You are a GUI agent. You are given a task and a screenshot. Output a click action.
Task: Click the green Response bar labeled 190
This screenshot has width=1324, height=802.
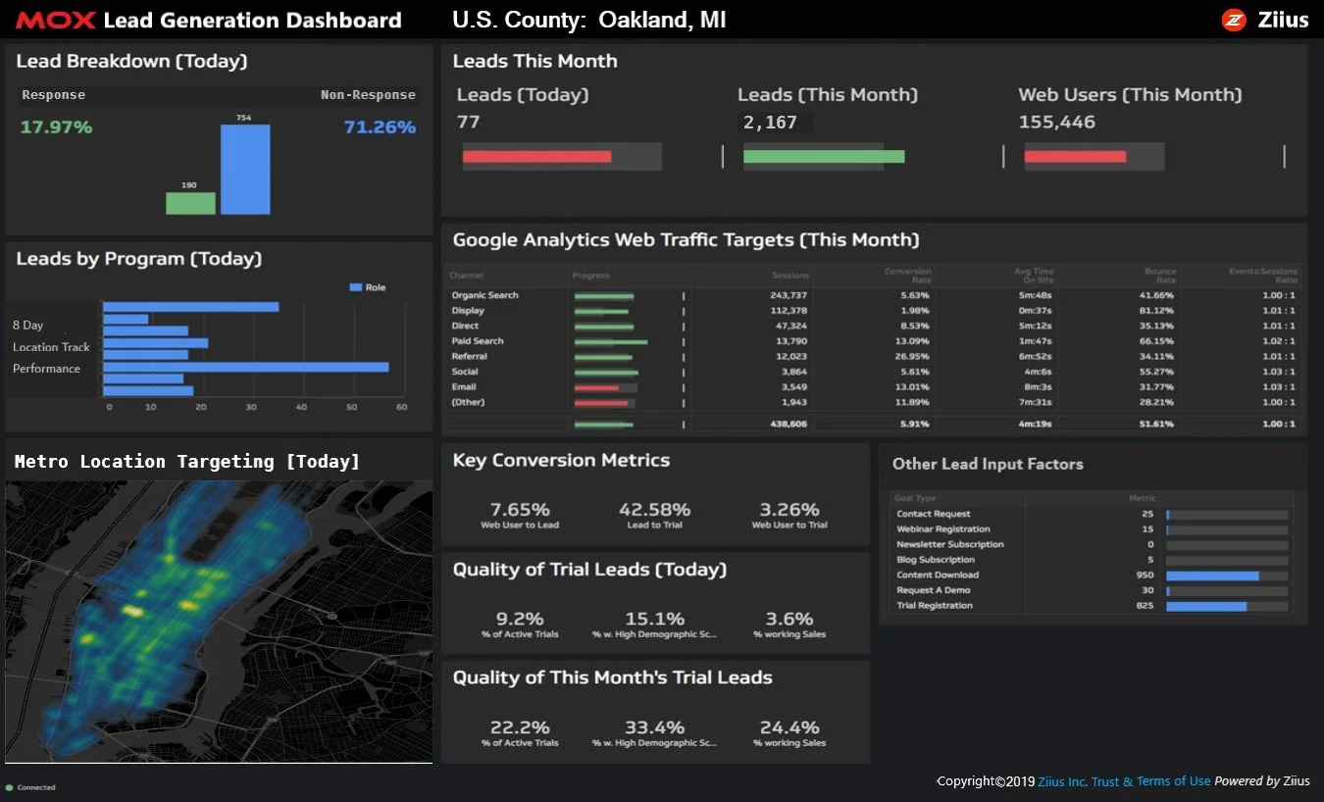click(190, 203)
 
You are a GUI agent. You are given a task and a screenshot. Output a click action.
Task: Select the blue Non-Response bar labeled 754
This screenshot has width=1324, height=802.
click(245, 170)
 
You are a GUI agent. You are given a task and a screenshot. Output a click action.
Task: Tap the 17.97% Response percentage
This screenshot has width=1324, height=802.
click(56, 126)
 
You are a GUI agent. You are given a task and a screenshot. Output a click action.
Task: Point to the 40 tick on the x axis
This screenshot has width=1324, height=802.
click(301, 406)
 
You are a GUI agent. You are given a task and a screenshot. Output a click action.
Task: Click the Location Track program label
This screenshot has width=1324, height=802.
click(51, 347)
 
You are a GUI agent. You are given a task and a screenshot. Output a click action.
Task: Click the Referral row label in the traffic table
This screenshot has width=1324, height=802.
click(469, 357)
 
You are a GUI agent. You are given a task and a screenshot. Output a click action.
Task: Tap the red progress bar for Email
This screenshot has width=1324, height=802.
click(596, 387)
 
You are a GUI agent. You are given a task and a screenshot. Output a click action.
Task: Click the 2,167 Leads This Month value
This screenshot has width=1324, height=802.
click(770, 123)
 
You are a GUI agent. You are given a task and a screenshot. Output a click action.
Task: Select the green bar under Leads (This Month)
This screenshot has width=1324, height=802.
click(823, 156)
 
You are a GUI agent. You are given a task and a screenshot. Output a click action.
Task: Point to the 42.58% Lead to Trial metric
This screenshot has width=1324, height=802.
click(654, 510)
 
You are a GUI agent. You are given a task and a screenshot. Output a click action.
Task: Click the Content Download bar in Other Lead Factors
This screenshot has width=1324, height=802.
click(1212, 576)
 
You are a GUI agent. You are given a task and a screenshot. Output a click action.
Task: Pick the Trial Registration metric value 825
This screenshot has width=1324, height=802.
click(1144, 606)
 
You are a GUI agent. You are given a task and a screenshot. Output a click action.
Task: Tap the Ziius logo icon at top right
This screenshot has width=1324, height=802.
click(1233, 20)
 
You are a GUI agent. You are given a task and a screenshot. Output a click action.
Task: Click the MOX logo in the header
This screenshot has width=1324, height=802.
click(55, 20)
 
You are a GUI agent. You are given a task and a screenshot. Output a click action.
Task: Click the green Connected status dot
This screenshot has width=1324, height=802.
click(10, 787)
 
